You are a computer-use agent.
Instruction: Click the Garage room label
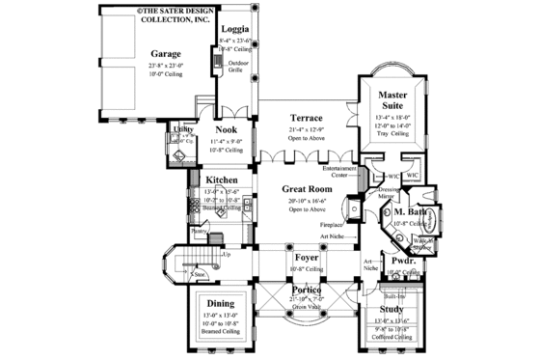(167, 55)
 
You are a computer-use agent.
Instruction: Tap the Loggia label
(235, 29)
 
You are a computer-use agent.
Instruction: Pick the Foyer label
(305, 259)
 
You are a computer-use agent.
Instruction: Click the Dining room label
(224, 304)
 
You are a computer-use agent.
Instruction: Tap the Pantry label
(200, 231)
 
